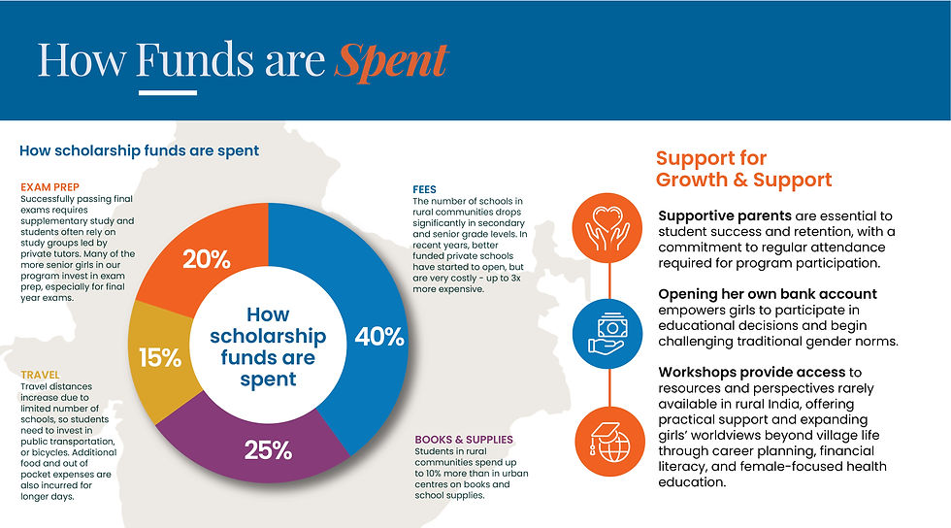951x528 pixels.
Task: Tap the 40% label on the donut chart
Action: [378, 337]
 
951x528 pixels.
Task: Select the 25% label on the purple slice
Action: [269, 449]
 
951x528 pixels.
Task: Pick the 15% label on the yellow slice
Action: [160, 357]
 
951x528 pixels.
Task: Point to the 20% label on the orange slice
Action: [206, 259]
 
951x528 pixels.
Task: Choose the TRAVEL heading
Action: [40, 374]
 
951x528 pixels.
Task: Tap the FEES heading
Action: [424, 189]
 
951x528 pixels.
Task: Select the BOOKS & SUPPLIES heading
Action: [462, 439]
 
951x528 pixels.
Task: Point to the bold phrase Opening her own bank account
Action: [767, 293]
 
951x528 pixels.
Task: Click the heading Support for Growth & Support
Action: [743, 169]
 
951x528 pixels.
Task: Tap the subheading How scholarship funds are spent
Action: [139, 150]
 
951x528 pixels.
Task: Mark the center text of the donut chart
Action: [268, 346]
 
